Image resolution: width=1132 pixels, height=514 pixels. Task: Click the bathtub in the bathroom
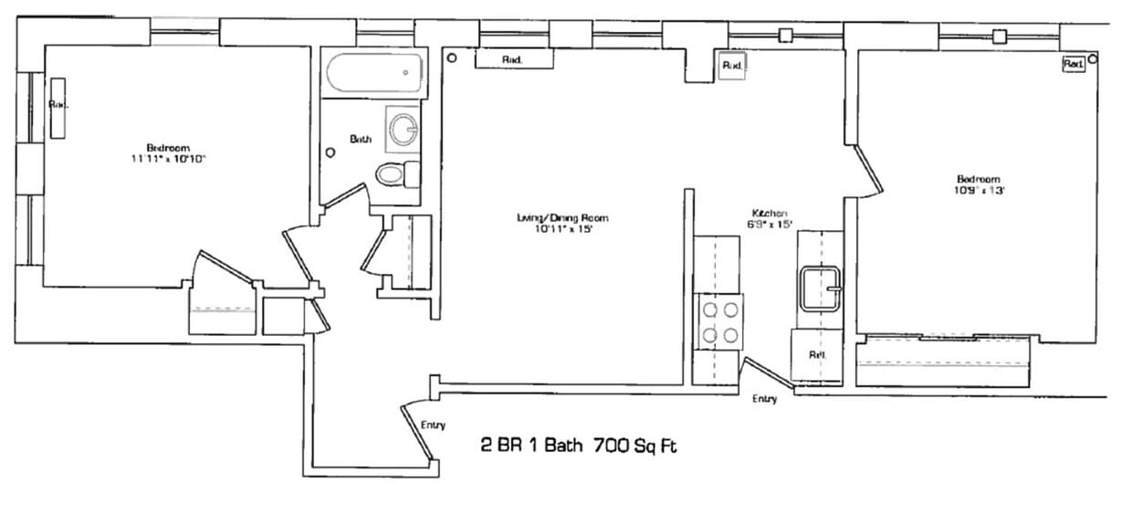tap(376, 73)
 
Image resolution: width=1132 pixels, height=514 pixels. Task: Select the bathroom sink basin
tap(403, 129)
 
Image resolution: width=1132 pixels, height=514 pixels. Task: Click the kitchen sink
tap(822, 289)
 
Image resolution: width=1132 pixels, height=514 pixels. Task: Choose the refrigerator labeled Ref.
tap(818, 355)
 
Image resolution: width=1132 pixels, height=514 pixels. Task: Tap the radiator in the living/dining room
tap(514, 59)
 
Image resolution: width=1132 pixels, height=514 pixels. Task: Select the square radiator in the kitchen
tap(732, 66)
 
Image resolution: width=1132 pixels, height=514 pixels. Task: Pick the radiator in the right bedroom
tap(1073, 64)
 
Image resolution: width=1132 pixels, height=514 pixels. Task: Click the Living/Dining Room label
tap(562, 218)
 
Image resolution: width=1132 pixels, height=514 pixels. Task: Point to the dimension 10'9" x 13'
tap(978, 191)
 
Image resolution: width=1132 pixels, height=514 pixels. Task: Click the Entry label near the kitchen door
tap(764, 399)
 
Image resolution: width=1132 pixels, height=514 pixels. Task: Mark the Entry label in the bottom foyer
tap(433, 425)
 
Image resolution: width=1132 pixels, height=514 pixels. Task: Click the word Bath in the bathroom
tap(361, 139)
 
